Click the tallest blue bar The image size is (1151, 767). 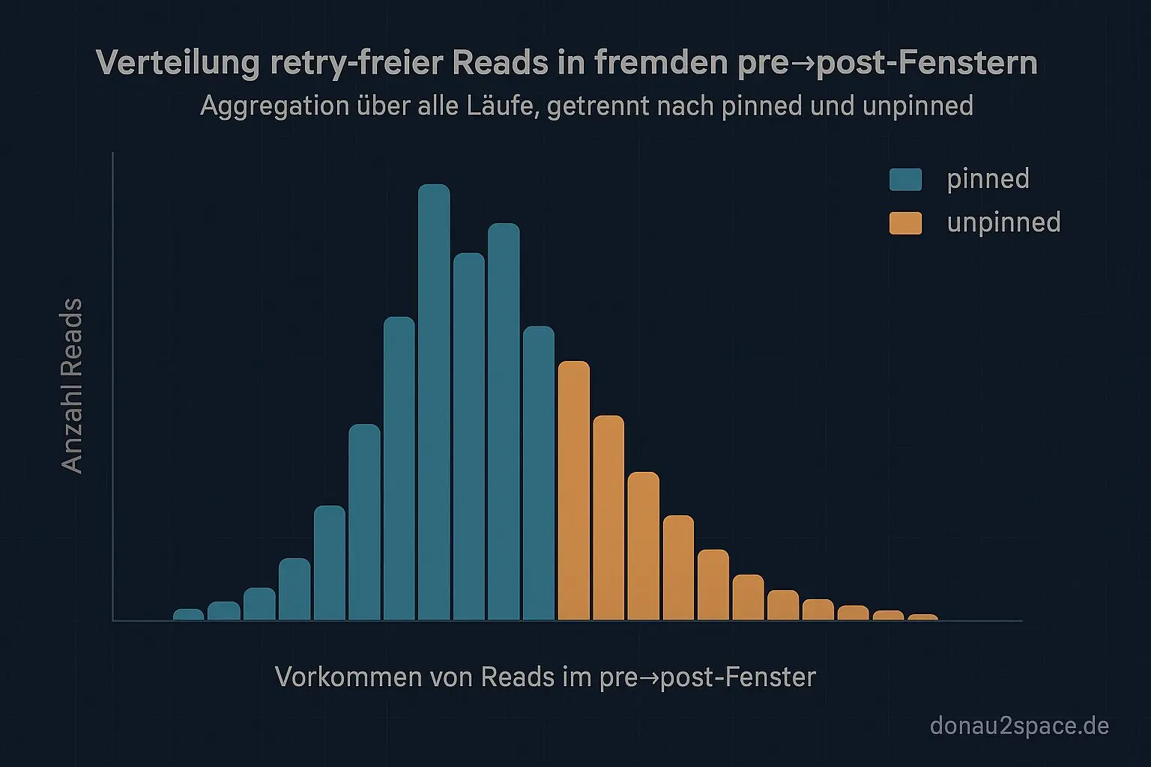point(434,404)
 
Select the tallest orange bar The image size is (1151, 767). point(574,491)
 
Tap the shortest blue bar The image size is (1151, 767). point(188,614)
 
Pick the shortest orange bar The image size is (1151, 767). point(922,616)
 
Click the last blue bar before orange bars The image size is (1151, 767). point(539,473)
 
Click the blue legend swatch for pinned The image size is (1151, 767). point(905,179)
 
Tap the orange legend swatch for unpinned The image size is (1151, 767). point(905,222)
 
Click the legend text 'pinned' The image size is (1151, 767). point(988,179)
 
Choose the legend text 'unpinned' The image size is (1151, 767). point(1003,222)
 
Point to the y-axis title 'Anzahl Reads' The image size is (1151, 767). point(72,386)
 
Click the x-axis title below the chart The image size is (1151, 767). point(545,677)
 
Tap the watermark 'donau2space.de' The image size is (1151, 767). point(1019,725)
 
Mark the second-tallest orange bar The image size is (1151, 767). point(608,518)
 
